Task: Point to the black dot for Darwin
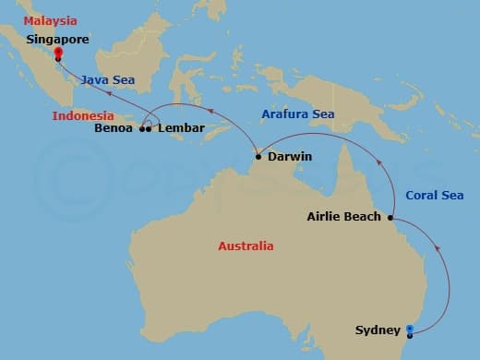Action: pyautogui.click(x=258, y=157)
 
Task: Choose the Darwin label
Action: pyautogui.click(x=289, y=157)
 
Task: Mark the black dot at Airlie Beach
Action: pyautogui.click(x=390, y=218)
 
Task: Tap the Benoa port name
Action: pyautogui.click(x=114, y=129)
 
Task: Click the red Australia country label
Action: pyautogui.click(x=246, y=246)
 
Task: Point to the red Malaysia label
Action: pyautogui.click(x=52, y=20)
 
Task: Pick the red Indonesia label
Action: pyautogui.click(x=83, y=116)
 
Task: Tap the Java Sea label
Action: pyautogui.click(x=107, y=80)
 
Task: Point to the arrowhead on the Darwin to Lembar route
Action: pyautogui.click(x=210, y=112)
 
